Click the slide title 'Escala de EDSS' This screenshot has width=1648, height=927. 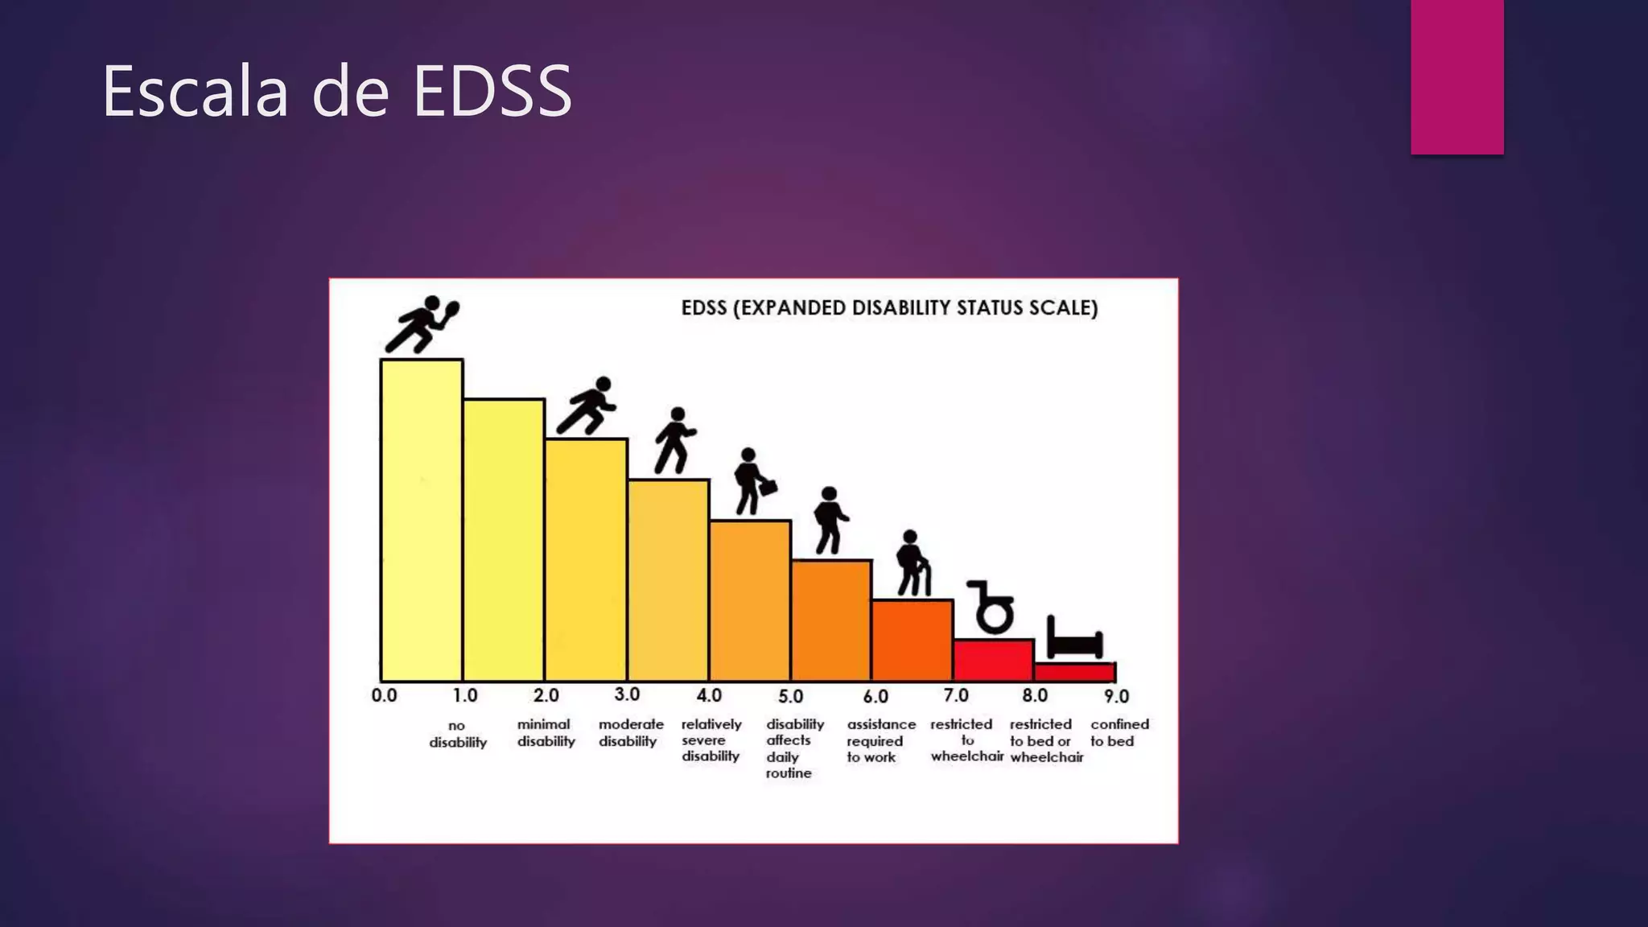coord(336,91)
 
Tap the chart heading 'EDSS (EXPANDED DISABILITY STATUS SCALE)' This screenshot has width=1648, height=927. coord(889,308)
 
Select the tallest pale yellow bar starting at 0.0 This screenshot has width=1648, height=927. coord(421,520)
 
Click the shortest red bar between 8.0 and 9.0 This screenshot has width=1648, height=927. coord(1074,672)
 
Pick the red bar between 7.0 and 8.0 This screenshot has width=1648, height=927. coord(993,660)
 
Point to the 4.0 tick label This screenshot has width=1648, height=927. coord(709,695)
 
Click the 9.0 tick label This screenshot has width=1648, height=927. coord(1116,696)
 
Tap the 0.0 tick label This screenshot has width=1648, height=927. coord(384,695)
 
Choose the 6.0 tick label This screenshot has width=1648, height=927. coord(875,696)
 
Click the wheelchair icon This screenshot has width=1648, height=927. coord(991,607)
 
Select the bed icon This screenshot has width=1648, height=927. coord(1073,639)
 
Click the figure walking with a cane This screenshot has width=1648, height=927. coord(913,563)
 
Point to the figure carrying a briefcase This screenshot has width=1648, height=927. coord(753,481)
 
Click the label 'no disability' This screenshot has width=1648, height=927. coord(457,734)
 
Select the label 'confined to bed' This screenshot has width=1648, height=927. coord(1119,732)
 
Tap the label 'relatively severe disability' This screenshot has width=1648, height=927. coord(711,740)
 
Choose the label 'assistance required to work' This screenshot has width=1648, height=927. coord(880,740)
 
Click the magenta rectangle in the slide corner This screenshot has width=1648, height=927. coord(1456,76)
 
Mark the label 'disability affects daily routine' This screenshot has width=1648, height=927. coord(793,748)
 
